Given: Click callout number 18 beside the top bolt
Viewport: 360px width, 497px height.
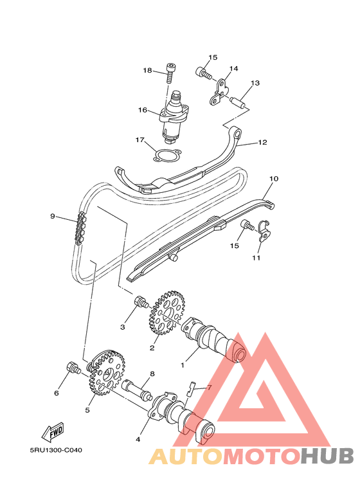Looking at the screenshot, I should tap(147, 70).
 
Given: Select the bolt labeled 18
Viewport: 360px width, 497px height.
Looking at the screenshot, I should tap(170, 72).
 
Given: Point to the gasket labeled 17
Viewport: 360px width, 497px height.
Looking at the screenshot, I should tap(165, 156).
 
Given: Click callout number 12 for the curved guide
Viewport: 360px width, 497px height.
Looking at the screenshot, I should tap(262, 142).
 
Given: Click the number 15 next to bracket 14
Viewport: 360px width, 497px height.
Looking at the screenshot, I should tap(213, 57).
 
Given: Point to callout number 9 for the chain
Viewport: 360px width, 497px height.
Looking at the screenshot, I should tap(53, 216).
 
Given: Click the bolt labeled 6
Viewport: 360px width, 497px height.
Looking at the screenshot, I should tap(73, 368).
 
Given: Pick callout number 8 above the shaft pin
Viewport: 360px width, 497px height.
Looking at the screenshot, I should tap(152, 374).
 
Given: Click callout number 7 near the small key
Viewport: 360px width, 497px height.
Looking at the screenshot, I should tap(208, 388).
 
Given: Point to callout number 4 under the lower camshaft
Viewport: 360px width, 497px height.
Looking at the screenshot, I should tap(138, 440).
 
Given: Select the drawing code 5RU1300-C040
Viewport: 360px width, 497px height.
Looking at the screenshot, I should tap(55, 451).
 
